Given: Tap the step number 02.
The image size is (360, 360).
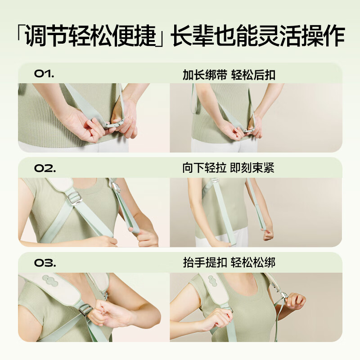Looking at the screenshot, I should pos(45,168).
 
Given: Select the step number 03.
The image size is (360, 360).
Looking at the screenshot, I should pos(45,262).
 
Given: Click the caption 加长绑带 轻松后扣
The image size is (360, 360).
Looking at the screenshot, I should pos(229,75).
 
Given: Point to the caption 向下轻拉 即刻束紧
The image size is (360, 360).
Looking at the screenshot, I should pos(228,168).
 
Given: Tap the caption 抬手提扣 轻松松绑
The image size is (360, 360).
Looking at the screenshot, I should pos(229,262).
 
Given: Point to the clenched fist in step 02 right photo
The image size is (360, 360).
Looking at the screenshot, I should pos(268,234).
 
